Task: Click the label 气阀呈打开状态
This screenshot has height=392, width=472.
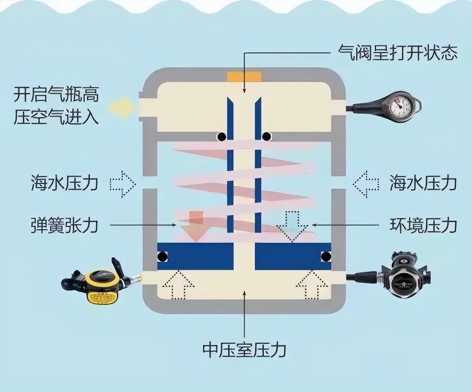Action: (398, 53)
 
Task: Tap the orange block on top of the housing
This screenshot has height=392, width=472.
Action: (244, 77)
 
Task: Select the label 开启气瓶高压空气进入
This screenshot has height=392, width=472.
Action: (56, 106)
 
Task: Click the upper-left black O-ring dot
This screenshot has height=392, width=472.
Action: (221, 137)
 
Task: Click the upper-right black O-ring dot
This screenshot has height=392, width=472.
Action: (266, 137)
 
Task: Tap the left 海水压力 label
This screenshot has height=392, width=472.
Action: (65, 183)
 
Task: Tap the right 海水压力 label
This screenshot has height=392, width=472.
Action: (423, 183)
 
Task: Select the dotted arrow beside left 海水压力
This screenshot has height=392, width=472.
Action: (123, 183)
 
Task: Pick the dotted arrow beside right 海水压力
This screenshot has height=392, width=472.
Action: (366, 183)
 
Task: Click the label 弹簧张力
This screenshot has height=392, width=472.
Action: (65, 225)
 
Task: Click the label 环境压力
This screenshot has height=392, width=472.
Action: (423, 225)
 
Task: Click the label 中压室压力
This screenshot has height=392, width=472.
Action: (244, 350)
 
